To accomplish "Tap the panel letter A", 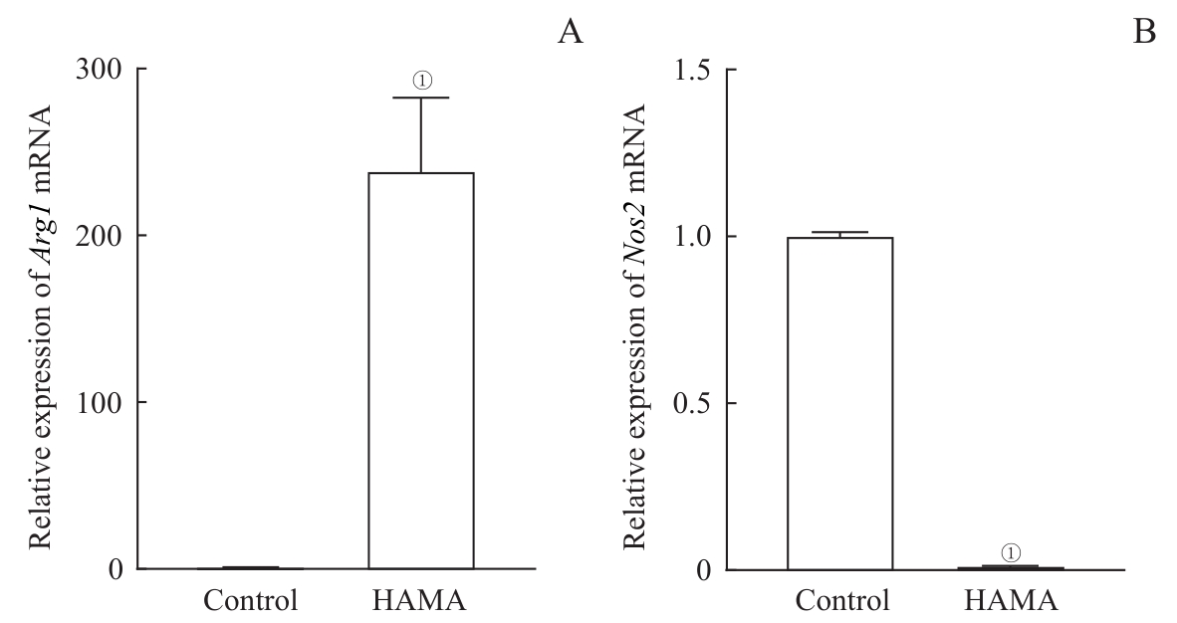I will pyautogui.click(x=571, y=33).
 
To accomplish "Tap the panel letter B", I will pyautogui.click(x=1145, y=33).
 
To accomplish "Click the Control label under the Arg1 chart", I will pyautogui.click(x=250, y=601).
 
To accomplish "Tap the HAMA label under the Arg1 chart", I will pyautogui.click(x=420, y=601).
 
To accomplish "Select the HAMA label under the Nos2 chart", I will pyautogui.click(x=1012, y=601).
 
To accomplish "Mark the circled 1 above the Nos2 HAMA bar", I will pyautogui.click(x=1011, y=551).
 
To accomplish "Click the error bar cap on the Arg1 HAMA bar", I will pyautogui.click(x=420, y=98).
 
